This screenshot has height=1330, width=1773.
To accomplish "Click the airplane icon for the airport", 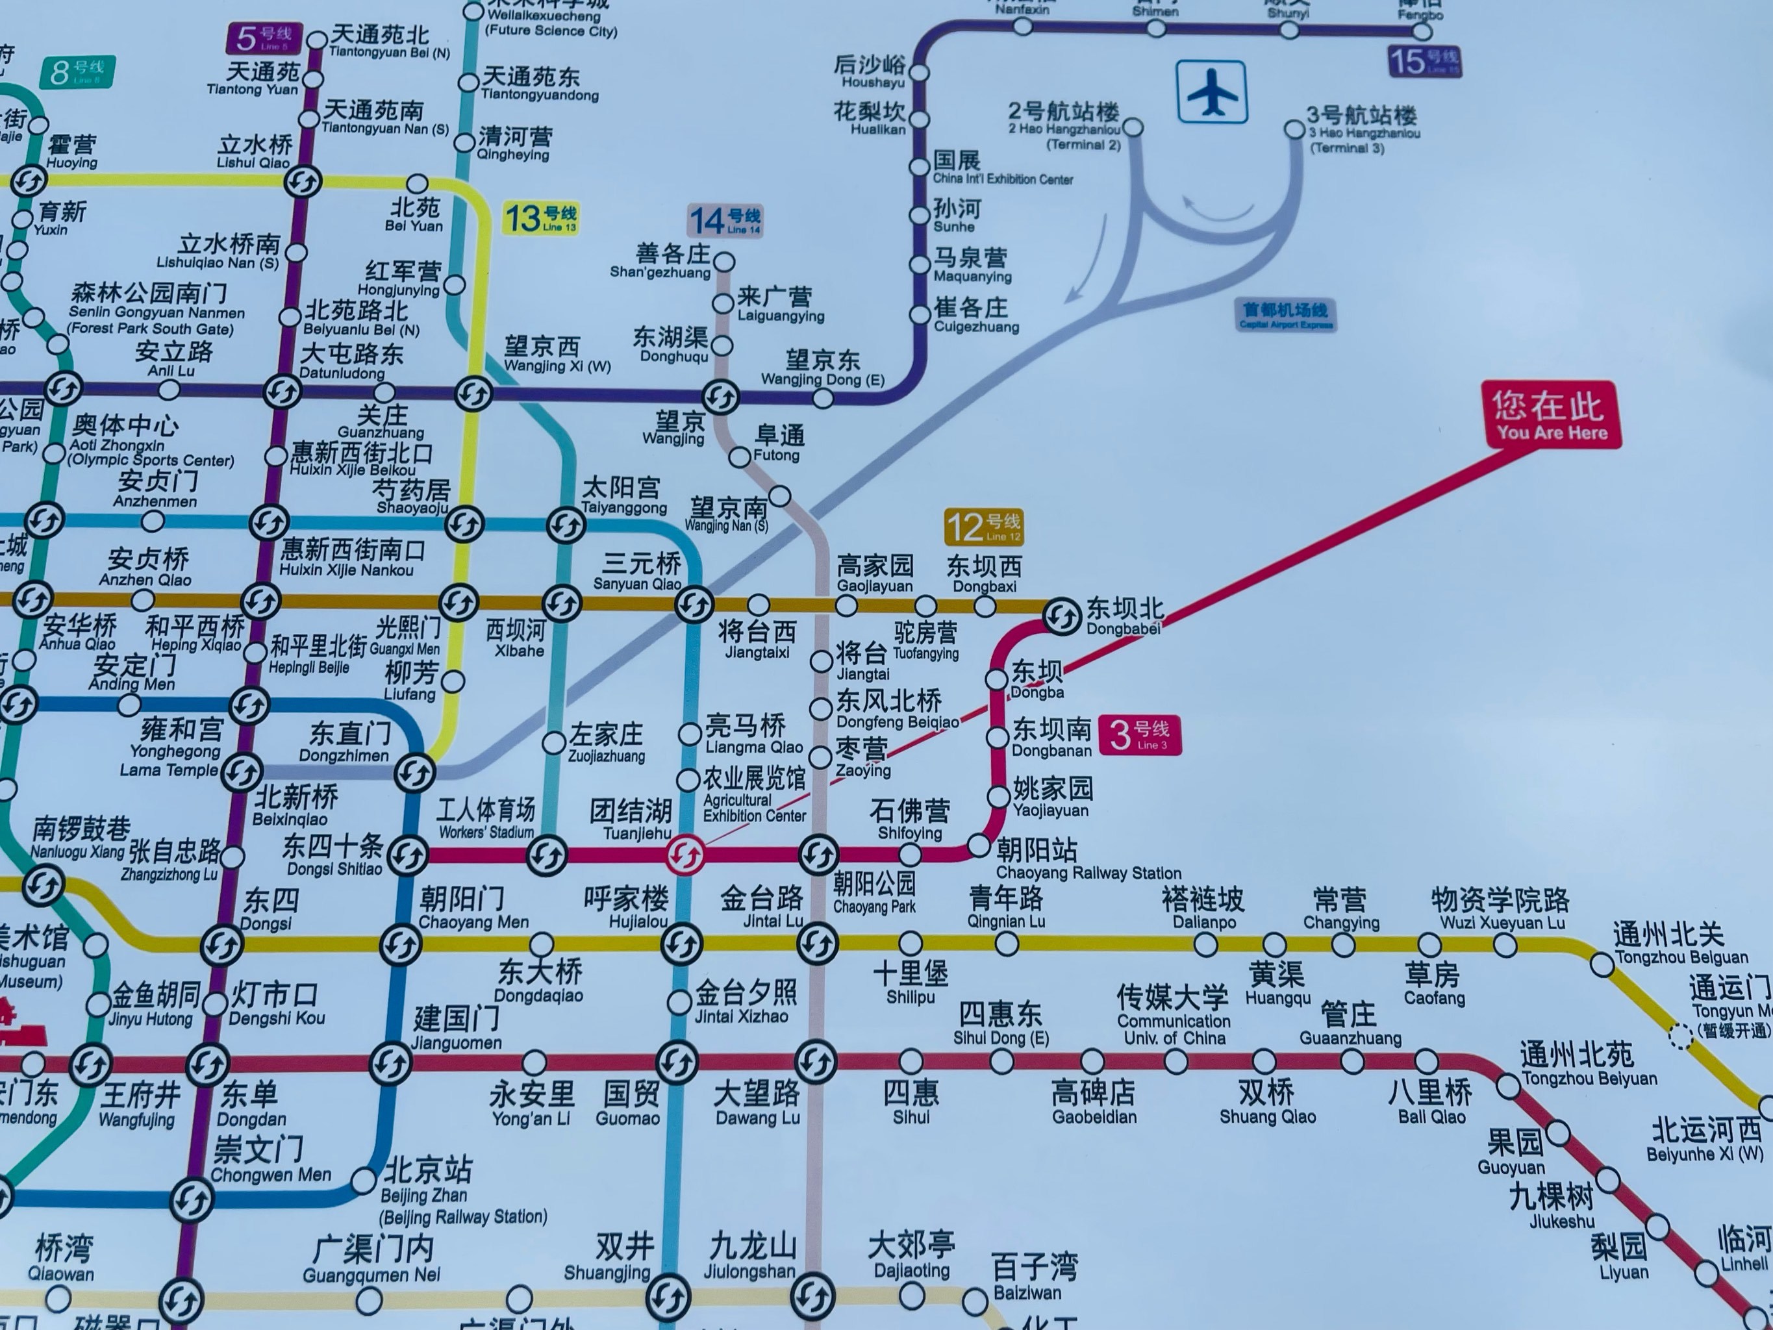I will tap(1212, 92).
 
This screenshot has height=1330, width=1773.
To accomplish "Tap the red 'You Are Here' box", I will tap(1550, 414).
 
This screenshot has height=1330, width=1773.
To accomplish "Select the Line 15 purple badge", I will tap(1424, 62).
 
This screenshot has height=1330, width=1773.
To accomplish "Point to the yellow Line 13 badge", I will tap(541, 218).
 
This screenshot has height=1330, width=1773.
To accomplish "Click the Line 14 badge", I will tap(725, 220).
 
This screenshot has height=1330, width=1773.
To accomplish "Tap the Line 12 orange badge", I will tap(983, 527).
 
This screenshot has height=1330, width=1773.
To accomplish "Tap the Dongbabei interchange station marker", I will tap(1063, 616).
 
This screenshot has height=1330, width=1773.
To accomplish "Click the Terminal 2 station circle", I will tap(1133, 127).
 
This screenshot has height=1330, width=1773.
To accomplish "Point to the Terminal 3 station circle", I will tap(1294, 129).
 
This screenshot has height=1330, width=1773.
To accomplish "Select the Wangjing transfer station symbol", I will tap(720, 396).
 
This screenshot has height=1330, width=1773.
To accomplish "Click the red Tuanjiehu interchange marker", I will tap(686, 855).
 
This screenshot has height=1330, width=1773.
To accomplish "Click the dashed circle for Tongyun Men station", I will tap(1680, 1036).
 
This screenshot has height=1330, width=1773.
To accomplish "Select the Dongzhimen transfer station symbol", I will tap(415, 773).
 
